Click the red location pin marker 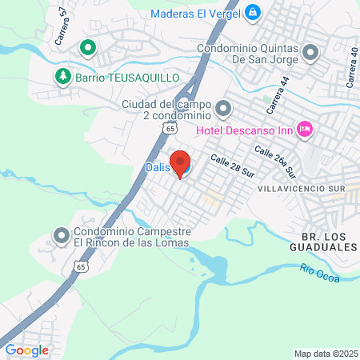[x=180, y=162]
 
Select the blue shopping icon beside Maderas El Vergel [x=253, y=12]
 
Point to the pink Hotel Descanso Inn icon [x=305, y=128]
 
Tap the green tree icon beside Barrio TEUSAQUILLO [x=62, y=76]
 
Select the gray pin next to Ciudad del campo [x=223, y=106]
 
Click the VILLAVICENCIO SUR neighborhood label [x=301, y=187]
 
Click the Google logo [x=26, y=350]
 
